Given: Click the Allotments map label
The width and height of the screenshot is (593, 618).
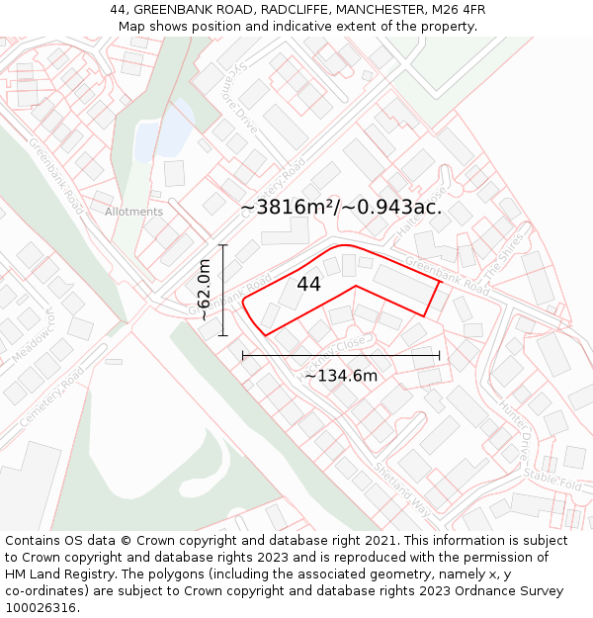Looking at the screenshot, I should point(133,212).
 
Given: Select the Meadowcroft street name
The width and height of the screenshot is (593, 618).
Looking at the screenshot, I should point(33,343).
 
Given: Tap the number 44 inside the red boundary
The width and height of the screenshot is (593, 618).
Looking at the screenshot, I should point(308,284).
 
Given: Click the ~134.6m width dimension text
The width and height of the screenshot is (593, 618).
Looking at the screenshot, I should point(341,376).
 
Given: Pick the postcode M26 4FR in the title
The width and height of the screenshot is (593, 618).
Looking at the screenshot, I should point(453,10).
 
